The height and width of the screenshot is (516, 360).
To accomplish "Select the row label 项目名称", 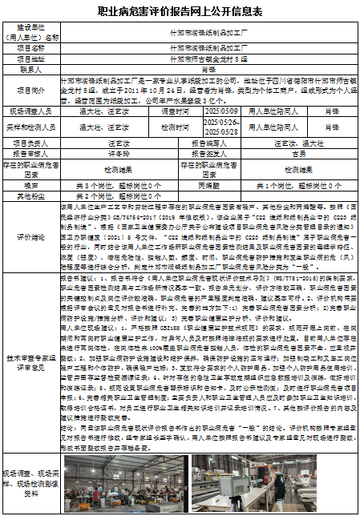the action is (30, 47).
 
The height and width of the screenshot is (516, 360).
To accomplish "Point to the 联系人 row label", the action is (30, 70).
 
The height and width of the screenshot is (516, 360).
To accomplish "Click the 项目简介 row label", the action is (30, 91).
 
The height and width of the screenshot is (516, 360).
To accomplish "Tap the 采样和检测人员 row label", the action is (30, 125).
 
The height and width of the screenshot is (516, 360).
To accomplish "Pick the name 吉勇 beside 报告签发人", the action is (297, 153).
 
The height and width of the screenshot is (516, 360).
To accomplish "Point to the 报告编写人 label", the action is (208, 143).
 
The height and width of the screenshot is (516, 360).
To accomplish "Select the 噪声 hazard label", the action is (30, 184).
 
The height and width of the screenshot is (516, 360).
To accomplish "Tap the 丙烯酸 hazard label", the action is (208, 184).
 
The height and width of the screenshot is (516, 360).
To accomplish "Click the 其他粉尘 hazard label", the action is (30, 195).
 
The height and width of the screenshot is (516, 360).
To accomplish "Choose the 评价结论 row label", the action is (30, 237).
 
